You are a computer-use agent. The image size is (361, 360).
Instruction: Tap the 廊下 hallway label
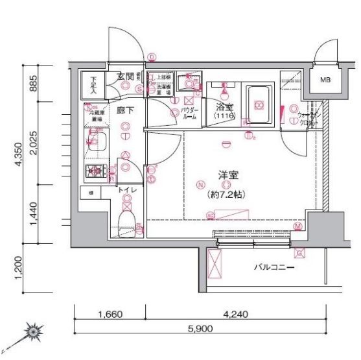(125, 110)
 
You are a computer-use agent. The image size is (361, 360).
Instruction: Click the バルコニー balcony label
(274, 267)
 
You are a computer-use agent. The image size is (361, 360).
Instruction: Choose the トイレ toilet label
(127, 190)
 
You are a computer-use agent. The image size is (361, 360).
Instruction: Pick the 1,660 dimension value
(110, 315)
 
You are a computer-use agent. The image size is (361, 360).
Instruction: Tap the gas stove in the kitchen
(97, 171)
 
